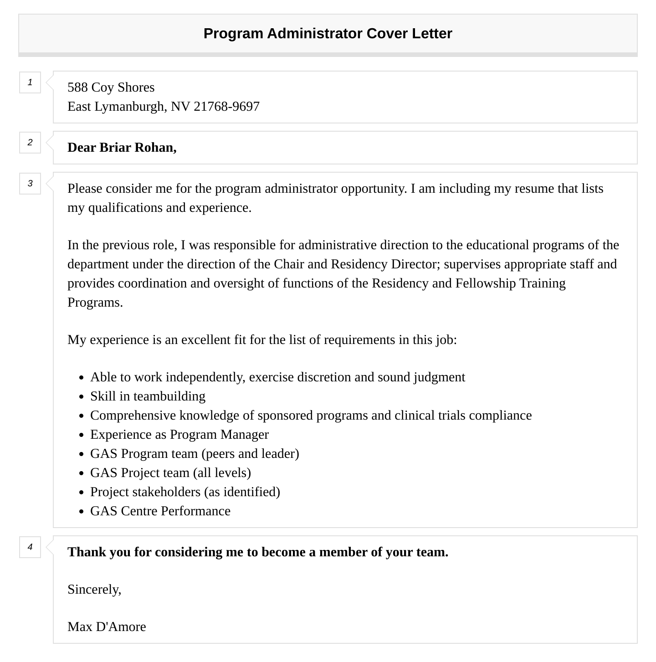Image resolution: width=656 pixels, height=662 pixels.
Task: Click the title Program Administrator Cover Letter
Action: point(328,34)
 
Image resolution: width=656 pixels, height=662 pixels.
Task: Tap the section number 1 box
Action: point(30,82)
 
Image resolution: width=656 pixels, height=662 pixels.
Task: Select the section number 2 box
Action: point(30,143)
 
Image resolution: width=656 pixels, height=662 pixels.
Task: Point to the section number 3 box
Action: point(30,184)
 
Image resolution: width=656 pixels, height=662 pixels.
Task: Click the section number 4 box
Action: point(30,547)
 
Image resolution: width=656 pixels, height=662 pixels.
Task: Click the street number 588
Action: point(78,87)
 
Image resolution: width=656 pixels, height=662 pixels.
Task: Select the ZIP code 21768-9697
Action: point(226,107)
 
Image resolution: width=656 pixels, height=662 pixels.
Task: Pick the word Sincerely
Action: point(94,590)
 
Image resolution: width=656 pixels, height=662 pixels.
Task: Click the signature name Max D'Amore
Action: point(107,627)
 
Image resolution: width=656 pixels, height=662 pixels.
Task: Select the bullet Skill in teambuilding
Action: point(148,396)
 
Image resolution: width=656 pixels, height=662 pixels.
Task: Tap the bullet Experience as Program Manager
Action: point(179,435)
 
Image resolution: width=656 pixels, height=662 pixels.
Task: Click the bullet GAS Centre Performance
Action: point(160,511)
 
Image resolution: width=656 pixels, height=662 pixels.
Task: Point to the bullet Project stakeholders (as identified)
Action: point(185,492)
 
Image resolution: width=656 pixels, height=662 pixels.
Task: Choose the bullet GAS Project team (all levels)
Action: point(170,473)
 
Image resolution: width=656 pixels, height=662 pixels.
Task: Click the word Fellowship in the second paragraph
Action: point(486,283)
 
